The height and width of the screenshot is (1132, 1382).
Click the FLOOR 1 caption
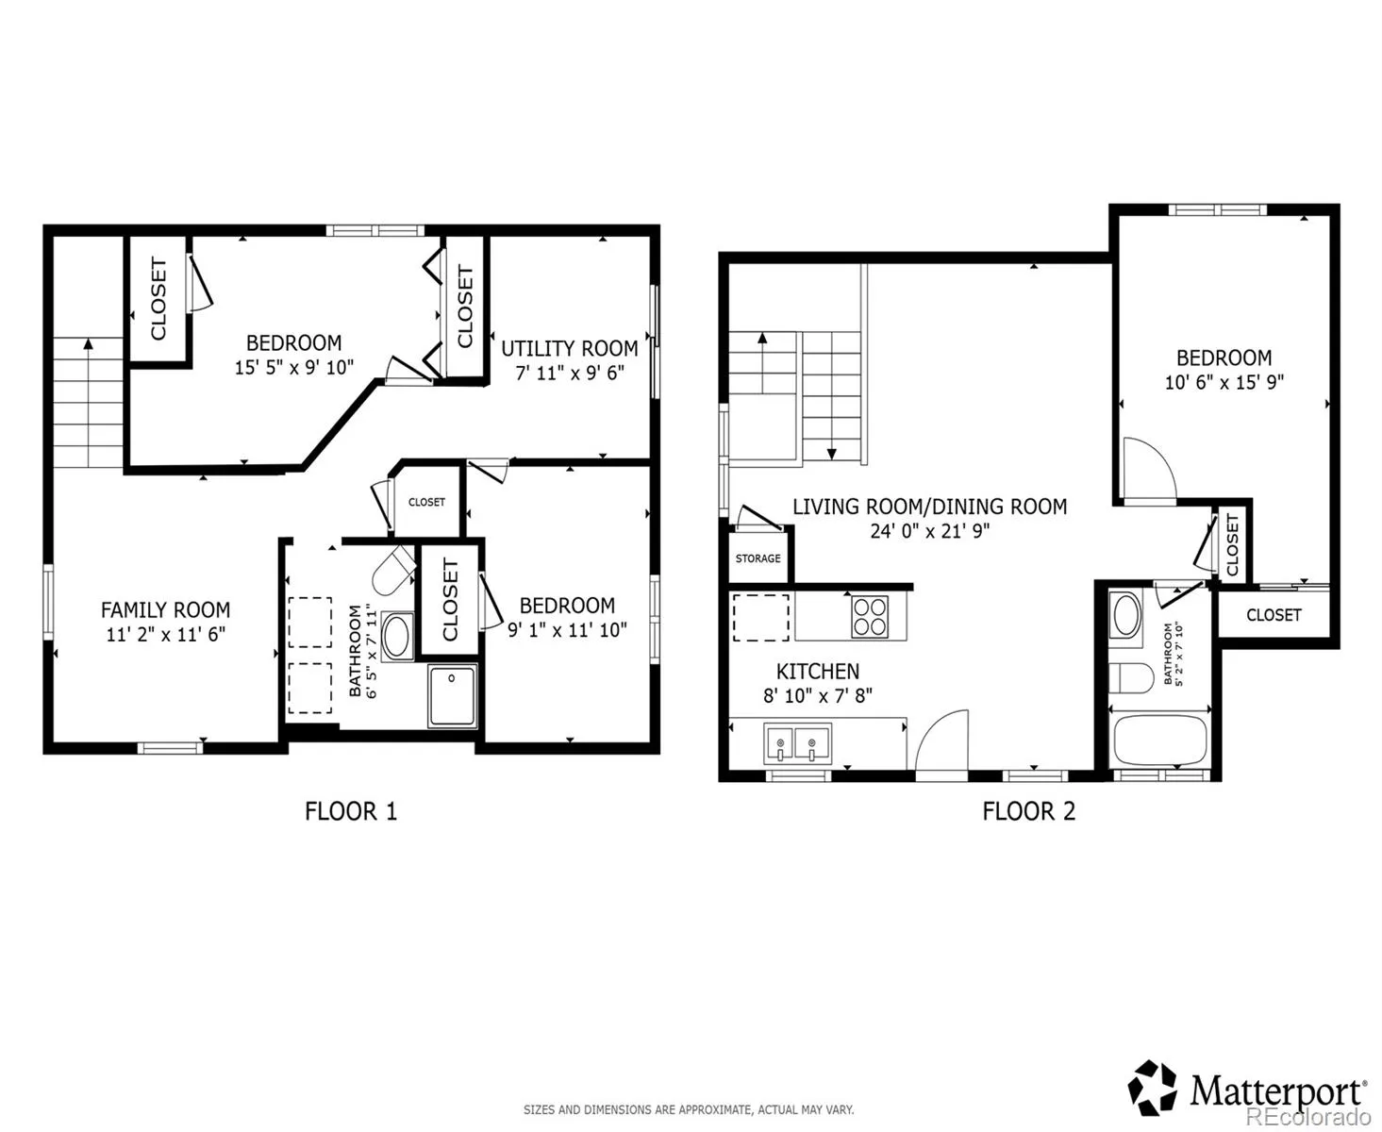(x=351, y=811)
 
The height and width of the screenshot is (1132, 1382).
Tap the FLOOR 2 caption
(x=1029, y=811)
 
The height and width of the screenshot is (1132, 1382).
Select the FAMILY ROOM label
(x=166, y=610)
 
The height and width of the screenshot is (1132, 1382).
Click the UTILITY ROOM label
(x=570, y=349)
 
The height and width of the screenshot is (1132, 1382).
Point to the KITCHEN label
(x=818, y=672)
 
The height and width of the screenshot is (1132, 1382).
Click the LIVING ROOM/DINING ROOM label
(x=930, y=507)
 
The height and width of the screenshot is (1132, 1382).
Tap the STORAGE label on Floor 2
(x=758, y=558)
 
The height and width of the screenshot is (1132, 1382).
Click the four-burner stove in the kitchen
(x=870, y=616)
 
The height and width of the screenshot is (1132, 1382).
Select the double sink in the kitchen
(x=797, y=743)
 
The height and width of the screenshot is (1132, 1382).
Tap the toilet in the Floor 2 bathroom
(x=1131, y=677)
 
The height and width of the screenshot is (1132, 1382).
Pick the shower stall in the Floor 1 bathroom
(x=452, y=696)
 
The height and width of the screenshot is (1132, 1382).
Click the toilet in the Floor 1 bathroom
(x=393, y=569)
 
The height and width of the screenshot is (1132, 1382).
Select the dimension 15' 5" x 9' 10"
(x=294, y=368)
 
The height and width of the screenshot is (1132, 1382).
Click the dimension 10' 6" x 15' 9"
(x=1224, y=382)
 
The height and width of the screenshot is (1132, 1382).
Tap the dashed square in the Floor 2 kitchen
(x=760, y=618)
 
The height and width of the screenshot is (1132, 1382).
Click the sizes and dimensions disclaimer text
(x=689, y=1109)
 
